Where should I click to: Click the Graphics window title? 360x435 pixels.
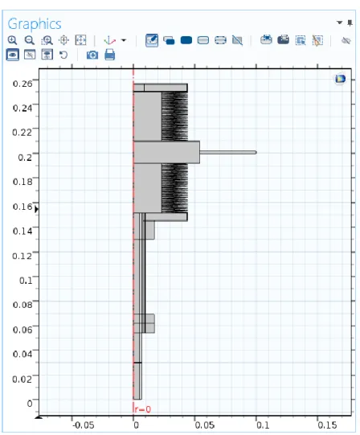point(35,24)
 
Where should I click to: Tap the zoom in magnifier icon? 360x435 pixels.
point(12,40)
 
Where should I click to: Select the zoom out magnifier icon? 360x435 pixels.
point(30,40)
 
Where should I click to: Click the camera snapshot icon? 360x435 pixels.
point(92,55)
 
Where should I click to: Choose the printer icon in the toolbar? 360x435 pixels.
point(110,55)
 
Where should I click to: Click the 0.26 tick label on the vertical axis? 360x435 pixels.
point(22,84)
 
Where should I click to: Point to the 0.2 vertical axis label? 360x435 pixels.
point(25,158)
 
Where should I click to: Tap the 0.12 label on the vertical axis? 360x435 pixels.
point(22,256)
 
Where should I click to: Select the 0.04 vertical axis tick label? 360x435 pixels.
point(22,354)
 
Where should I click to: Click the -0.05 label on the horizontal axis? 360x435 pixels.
point(84,425)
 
